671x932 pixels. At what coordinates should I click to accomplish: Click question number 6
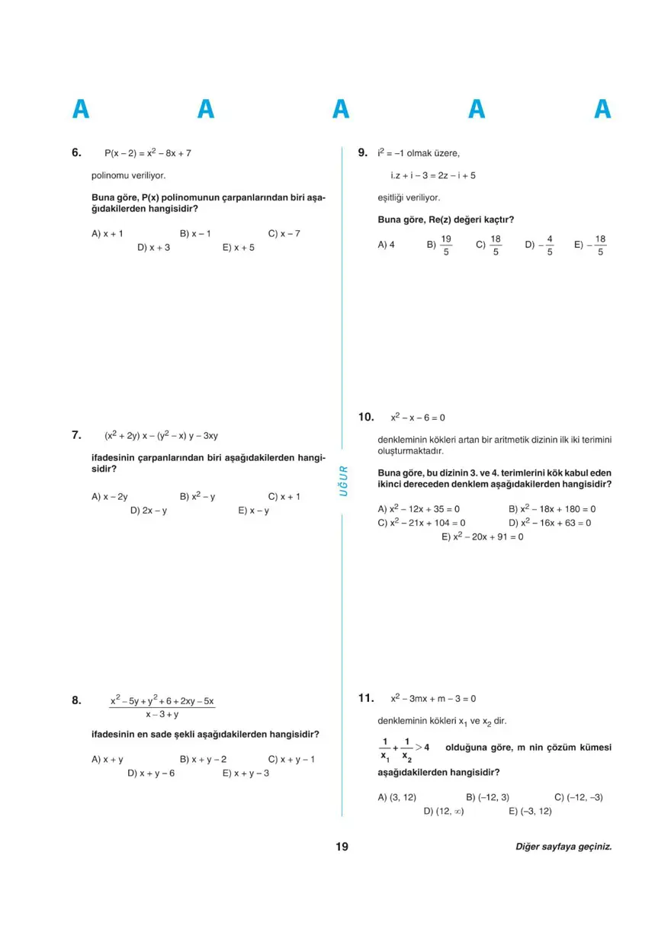[x=76, y=152]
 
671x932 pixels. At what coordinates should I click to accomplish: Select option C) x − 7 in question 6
[x=284, y=234]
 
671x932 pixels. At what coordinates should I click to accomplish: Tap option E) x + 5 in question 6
[x=239, y=248]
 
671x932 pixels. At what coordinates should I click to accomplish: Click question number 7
[x=76, y=435]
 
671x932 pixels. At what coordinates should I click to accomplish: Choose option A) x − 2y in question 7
[x=110, y=496]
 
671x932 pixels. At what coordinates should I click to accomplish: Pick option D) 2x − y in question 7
[x=149, y=511]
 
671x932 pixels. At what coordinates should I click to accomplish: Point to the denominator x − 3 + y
[x=162, y=715]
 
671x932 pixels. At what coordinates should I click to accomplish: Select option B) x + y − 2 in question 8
[x=203, y=759]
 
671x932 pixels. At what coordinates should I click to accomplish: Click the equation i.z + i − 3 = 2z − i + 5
[x=433, y=175]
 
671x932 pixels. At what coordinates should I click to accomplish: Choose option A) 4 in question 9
[x=386, y=245]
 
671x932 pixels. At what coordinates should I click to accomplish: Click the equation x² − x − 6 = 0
[x=418, y=418]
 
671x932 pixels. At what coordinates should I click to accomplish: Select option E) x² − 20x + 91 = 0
[x=483, y=536]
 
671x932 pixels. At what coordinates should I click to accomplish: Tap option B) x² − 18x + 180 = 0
[x=552, y=508]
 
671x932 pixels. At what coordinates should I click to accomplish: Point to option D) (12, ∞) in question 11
[x=444, y=811]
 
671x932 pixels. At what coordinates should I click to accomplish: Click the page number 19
[x=341, y=847]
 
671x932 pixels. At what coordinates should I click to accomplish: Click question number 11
[x=365, y=697]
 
